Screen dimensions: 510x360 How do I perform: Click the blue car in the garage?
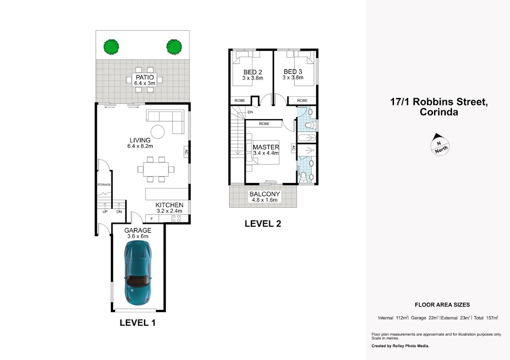tap(138, 273)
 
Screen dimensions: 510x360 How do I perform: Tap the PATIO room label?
tap(144, 77)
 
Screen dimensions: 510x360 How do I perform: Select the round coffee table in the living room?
tap(158, 132)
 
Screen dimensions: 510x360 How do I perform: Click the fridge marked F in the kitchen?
tap(152, 219)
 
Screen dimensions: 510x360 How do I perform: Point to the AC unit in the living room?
tap(186, 152)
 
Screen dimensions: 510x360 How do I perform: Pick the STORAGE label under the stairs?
tap(104, 185)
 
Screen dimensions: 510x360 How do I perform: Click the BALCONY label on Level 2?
tap(264, 194)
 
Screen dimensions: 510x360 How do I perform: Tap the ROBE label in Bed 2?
tap(240, 101)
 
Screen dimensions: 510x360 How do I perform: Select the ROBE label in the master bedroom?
tap(264, 124)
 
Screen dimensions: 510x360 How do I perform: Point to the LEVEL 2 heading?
tap(263, 224)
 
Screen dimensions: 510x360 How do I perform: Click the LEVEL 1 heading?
tap(138, 323)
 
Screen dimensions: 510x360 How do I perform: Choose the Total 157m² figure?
tap(486, 318)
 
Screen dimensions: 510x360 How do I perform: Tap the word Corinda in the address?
tap(439, 112)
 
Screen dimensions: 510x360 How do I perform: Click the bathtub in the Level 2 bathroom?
tap(307, 138)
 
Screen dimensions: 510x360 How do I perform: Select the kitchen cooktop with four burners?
tap(176, 219)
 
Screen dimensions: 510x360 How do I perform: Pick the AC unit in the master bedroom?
tap(294, 148)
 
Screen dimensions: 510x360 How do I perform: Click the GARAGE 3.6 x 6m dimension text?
tap(138, 236)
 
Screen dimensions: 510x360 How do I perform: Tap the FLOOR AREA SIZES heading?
tap(442, 305)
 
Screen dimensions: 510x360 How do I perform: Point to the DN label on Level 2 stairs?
tap(250, 112)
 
